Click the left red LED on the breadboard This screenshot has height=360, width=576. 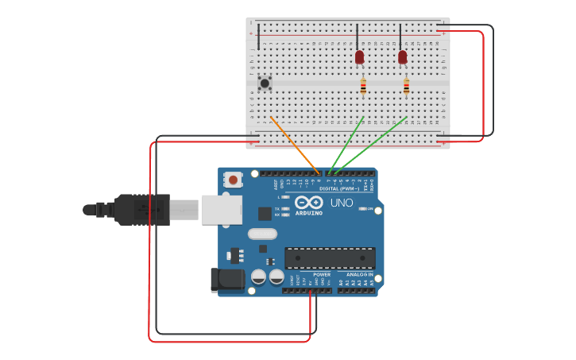coord(359,57)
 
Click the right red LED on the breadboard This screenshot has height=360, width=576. coord(402,57)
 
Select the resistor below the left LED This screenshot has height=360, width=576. coord(363,87)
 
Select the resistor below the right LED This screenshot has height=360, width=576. coord(406,87)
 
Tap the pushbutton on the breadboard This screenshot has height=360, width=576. coord(265,83)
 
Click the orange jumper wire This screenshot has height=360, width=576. coord(295,145)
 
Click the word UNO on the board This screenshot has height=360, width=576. coord(342,203)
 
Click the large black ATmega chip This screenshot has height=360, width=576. coord(330,258)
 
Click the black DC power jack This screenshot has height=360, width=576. coord(226,280)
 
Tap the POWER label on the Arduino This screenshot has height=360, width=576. coord(322,274)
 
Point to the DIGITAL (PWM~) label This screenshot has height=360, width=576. coord(339,189)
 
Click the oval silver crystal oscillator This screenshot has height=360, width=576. coord(262,234)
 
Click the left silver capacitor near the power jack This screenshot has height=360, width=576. coord(258,277)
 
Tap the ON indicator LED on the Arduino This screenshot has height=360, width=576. coord(363,209)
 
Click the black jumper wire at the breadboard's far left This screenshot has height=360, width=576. coord(259,37)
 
